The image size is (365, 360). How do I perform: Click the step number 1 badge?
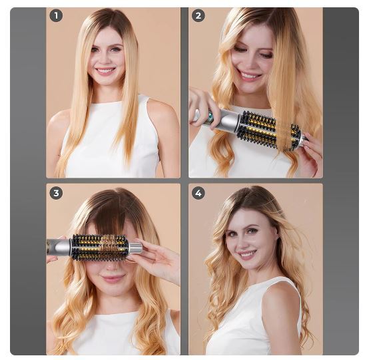[56, 15]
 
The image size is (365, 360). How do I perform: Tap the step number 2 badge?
[198, 15]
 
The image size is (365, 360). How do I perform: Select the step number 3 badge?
[56, 193]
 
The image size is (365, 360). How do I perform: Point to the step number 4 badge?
[198, 193]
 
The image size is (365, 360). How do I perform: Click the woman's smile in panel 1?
[105, 71]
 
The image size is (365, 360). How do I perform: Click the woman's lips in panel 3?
[113, 277]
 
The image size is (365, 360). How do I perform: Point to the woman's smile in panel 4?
[246, 254]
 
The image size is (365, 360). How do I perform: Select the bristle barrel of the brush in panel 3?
[100, 248]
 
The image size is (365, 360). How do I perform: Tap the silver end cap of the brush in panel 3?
[135, 248]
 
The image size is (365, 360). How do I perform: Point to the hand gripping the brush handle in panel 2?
[202, 104]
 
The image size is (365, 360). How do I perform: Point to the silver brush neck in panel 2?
[228, 120]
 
